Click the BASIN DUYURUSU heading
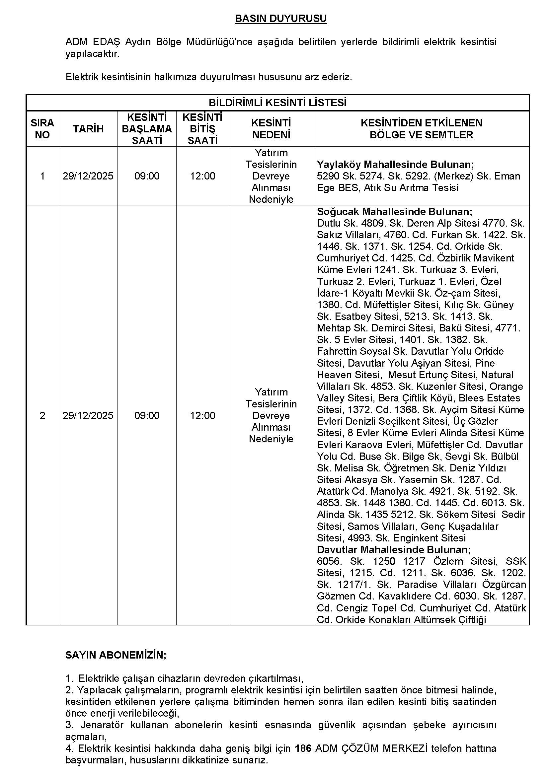click(x=280, y=19)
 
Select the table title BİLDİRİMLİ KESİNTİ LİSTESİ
click(x=277, y=103)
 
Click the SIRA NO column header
click(x=42, y=129)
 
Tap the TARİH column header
click(x=88, y=129)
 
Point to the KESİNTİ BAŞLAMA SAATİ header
click(x=147, y=129)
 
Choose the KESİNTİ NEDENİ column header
click(x=271, y=129)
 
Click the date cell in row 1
click(x=88, y=176)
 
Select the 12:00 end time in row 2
click(x=202, y=415)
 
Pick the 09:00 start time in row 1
click(x=147, y=176)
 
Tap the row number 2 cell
click(x=42, y=415)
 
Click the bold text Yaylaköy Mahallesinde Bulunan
click(x=395, y=165)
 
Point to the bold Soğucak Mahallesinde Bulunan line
click(x=395, y=212)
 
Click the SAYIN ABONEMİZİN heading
click(x=116, y=655)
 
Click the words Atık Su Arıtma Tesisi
click(x=411, y=187)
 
